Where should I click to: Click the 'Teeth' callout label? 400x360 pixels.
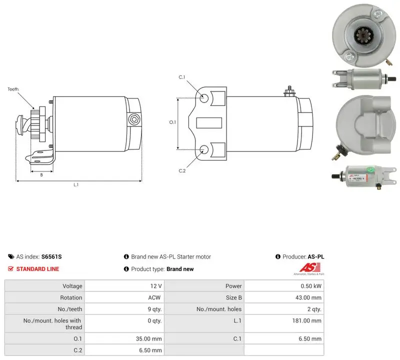click(13, 89)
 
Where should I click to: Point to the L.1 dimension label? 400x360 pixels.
click(76, 184)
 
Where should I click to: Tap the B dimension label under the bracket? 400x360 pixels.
click(41, 175)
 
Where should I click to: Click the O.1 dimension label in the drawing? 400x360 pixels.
click(172, 122)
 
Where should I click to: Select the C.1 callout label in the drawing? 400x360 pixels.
click(182, 77)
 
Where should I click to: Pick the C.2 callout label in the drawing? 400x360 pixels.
click(182, 170)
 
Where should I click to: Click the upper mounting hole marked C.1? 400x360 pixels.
click(204, 98)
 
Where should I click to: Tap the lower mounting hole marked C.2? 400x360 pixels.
click(204, 149)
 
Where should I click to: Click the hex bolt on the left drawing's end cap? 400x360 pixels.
click(133, 119)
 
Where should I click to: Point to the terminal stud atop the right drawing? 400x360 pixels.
click(289, 91)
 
